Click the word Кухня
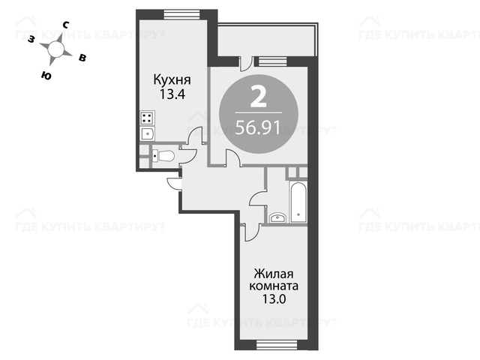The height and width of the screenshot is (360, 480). click(x=172, y=80)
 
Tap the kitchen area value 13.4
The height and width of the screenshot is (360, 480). click(x=172, y=94)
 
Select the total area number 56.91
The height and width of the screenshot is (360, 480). click(x=258, y=127)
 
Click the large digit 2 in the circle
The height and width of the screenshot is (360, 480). click(x=258, y=97)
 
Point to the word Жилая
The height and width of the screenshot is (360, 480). click(x=274, y=274)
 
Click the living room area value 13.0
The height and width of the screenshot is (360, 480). click(x=274, y=298)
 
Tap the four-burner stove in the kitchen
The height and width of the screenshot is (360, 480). click(x=147, y=118)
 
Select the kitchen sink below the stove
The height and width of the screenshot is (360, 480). click(x=147, y=133)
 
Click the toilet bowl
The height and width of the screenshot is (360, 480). click(x=163, y=156)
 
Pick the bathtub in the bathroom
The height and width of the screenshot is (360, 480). click(x=298, y=202)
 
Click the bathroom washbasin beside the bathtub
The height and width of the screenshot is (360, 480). click(x=277, y=217)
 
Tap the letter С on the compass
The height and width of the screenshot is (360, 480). click(x=65, y=25)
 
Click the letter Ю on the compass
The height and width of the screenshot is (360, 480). click(x=46, y=75)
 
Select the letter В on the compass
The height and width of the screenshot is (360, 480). click(x=82, y=58)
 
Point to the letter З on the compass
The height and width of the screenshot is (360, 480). click(x=31, y=39)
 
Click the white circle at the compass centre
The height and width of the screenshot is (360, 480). click(x=55, y=49)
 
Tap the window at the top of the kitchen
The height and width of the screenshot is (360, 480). click(x=181, y=15)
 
